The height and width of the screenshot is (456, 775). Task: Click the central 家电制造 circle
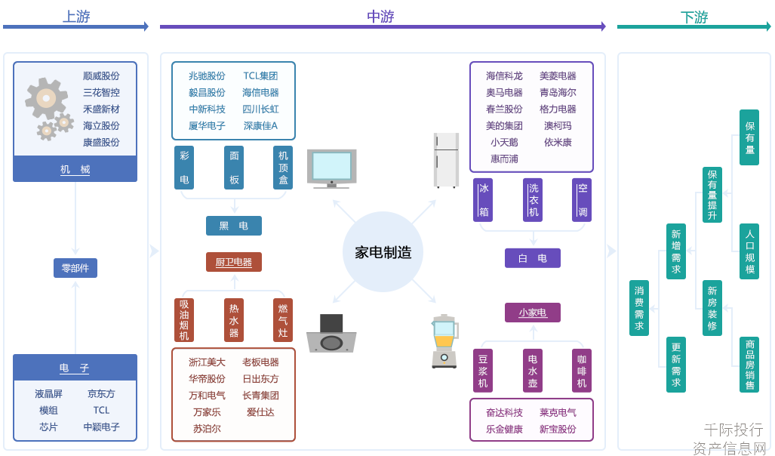383,252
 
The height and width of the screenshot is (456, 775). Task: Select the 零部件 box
75,268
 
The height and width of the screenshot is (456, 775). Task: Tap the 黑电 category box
234,226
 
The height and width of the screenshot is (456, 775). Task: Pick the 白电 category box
532,258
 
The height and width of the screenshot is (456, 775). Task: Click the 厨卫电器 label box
234,262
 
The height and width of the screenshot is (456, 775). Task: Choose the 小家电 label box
532,313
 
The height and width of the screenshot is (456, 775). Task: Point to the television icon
331,168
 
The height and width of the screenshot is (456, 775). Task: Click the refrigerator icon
446,160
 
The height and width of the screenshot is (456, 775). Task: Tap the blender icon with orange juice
444,341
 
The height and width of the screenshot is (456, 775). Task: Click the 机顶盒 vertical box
283,168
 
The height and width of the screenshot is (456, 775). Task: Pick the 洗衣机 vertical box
533,200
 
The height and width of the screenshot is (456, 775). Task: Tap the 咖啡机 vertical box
581,371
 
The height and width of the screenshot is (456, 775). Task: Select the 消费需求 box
639,308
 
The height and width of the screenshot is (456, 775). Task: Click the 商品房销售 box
749,365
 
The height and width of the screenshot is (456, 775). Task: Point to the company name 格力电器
558,109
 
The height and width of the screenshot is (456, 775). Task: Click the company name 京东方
101,393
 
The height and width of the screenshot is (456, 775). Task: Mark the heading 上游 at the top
76,17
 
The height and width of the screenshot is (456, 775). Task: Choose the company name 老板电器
260,362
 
